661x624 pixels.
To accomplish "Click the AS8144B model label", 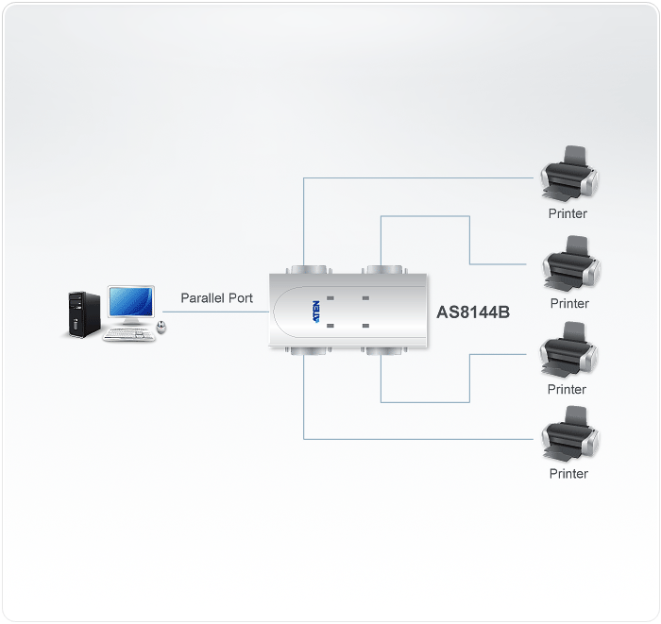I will pyautogui.click(x=473, y=312).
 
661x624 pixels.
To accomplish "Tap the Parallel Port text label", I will pyautogui.click(x=216, y=298).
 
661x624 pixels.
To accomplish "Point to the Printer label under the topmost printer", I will pyautogui.click(x=568, y=213).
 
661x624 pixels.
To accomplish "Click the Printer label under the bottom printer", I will pyautogui.click(x=568, y=474).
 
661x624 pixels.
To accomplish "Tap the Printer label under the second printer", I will pyautogui.click(x=568, y=303).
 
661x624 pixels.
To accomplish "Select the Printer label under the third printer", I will pyautogui.click(x=567, y=389).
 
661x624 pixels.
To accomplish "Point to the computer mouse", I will pyautogui.click(x=161, y=328).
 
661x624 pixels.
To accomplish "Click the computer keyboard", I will pyautogui.click(x=128, y=335).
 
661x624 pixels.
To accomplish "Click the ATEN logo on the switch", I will pyautogui.click(x=315, y=312).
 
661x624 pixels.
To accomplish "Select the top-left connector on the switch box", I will pyautogui.click(x=304, y=268).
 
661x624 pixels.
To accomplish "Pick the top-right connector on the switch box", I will pyautogui.click(x=381, y=268).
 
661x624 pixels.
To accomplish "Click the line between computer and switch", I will pyautogui.click(x=217, y=312).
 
